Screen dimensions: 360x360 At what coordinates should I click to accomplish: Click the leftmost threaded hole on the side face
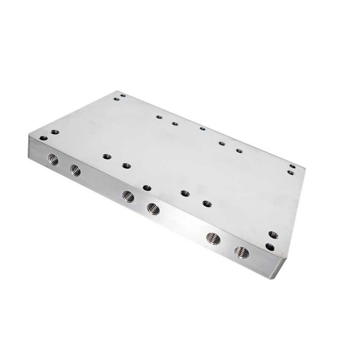point(53,159)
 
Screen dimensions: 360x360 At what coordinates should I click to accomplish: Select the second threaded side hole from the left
point(75,170)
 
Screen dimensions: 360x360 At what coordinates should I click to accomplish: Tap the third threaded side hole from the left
point(128,196)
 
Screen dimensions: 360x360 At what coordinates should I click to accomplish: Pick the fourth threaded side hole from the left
point(153,208)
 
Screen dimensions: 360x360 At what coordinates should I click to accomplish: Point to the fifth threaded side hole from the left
point(213,238)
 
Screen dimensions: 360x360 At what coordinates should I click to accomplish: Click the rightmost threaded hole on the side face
point(242,252)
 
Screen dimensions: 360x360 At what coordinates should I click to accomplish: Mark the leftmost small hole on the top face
point(43,138)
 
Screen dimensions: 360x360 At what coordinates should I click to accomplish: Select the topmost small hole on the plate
point(123,95)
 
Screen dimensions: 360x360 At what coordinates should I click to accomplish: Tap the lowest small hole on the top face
point(270,246)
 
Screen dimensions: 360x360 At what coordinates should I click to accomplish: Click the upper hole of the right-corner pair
point(292,166)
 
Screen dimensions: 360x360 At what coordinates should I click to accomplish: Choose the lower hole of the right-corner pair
point(291,172)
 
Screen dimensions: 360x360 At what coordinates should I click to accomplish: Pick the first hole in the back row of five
point(159,117)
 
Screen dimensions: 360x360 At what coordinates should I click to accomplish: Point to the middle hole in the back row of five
point(202,128)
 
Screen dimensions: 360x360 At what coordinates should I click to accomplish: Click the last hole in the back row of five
point(239,151)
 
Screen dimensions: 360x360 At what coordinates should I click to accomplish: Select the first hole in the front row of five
point(107,157)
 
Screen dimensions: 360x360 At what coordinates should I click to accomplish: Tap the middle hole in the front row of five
point(147,188)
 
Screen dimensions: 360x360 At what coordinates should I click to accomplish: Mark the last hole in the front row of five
point(207,204)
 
